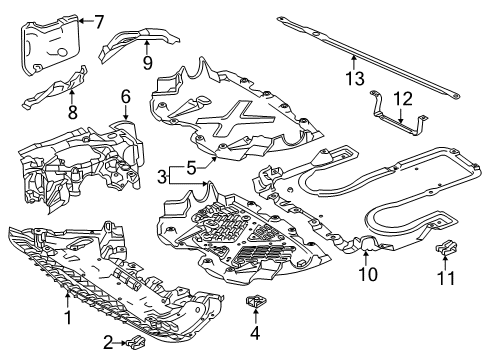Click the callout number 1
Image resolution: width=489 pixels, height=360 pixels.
(x=68, y=317)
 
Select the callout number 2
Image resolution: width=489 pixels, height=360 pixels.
(x=108, y=343)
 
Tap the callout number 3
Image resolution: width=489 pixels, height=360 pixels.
(x=162, y=177)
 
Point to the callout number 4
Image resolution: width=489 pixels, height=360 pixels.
(x=255, y=333)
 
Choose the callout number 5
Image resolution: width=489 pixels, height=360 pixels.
(x=191, y=167)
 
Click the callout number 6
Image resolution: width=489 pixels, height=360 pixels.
(x=126, y=97)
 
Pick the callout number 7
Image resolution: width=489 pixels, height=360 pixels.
(x=99, y=22)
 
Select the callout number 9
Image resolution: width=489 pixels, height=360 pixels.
(x=148, y=62)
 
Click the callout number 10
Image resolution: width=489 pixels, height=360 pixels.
(x=368, y=274)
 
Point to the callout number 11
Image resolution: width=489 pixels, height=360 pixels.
(x=446, y=278)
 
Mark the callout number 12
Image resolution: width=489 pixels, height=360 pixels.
(x=403, y=99)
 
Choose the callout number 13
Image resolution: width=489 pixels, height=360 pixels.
(x=355, y=79)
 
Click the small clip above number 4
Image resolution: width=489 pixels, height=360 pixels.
(x=255, y=301)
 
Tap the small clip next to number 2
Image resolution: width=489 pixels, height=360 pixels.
(x=136, y=341)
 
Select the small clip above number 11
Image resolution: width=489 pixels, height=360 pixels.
(x=446, y=246)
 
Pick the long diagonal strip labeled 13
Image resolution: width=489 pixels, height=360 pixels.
(x=367, y=57)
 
